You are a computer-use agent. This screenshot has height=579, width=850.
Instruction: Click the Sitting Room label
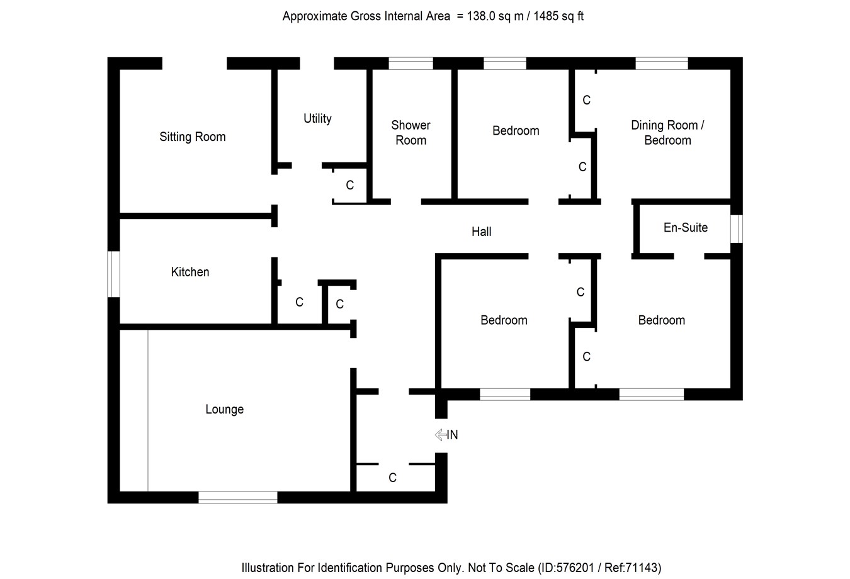click(x=192, y=137)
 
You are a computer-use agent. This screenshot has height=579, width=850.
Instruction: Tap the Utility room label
click(x=317, y=118)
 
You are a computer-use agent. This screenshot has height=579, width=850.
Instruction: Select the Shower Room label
click(x=411, y=132)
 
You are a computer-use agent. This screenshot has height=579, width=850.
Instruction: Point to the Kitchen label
click(x=190, y=272)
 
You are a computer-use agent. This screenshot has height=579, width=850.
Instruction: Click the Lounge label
click(x=224, y=409)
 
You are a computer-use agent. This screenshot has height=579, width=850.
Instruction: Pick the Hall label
click(x=481, y=232)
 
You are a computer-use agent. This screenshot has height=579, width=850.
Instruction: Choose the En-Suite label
click(x=685, y=227)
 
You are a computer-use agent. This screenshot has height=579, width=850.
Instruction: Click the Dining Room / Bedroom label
click(x=667, y=132)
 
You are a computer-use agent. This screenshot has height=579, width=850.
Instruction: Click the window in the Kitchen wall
click(x=114, y=274)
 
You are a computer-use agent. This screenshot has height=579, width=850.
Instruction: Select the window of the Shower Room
click(x=411, y=63)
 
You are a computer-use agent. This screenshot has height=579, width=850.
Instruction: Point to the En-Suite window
click(x=736, y=228)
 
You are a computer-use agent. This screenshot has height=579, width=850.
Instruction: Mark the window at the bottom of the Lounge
click(x=238, y=497)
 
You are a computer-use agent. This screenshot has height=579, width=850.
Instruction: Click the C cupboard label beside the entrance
click(x=392, y=478)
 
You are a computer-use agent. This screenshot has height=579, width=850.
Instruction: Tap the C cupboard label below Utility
click(x=350, y=185)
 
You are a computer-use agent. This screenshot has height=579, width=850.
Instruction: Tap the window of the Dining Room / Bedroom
click(x=662, y=63)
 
